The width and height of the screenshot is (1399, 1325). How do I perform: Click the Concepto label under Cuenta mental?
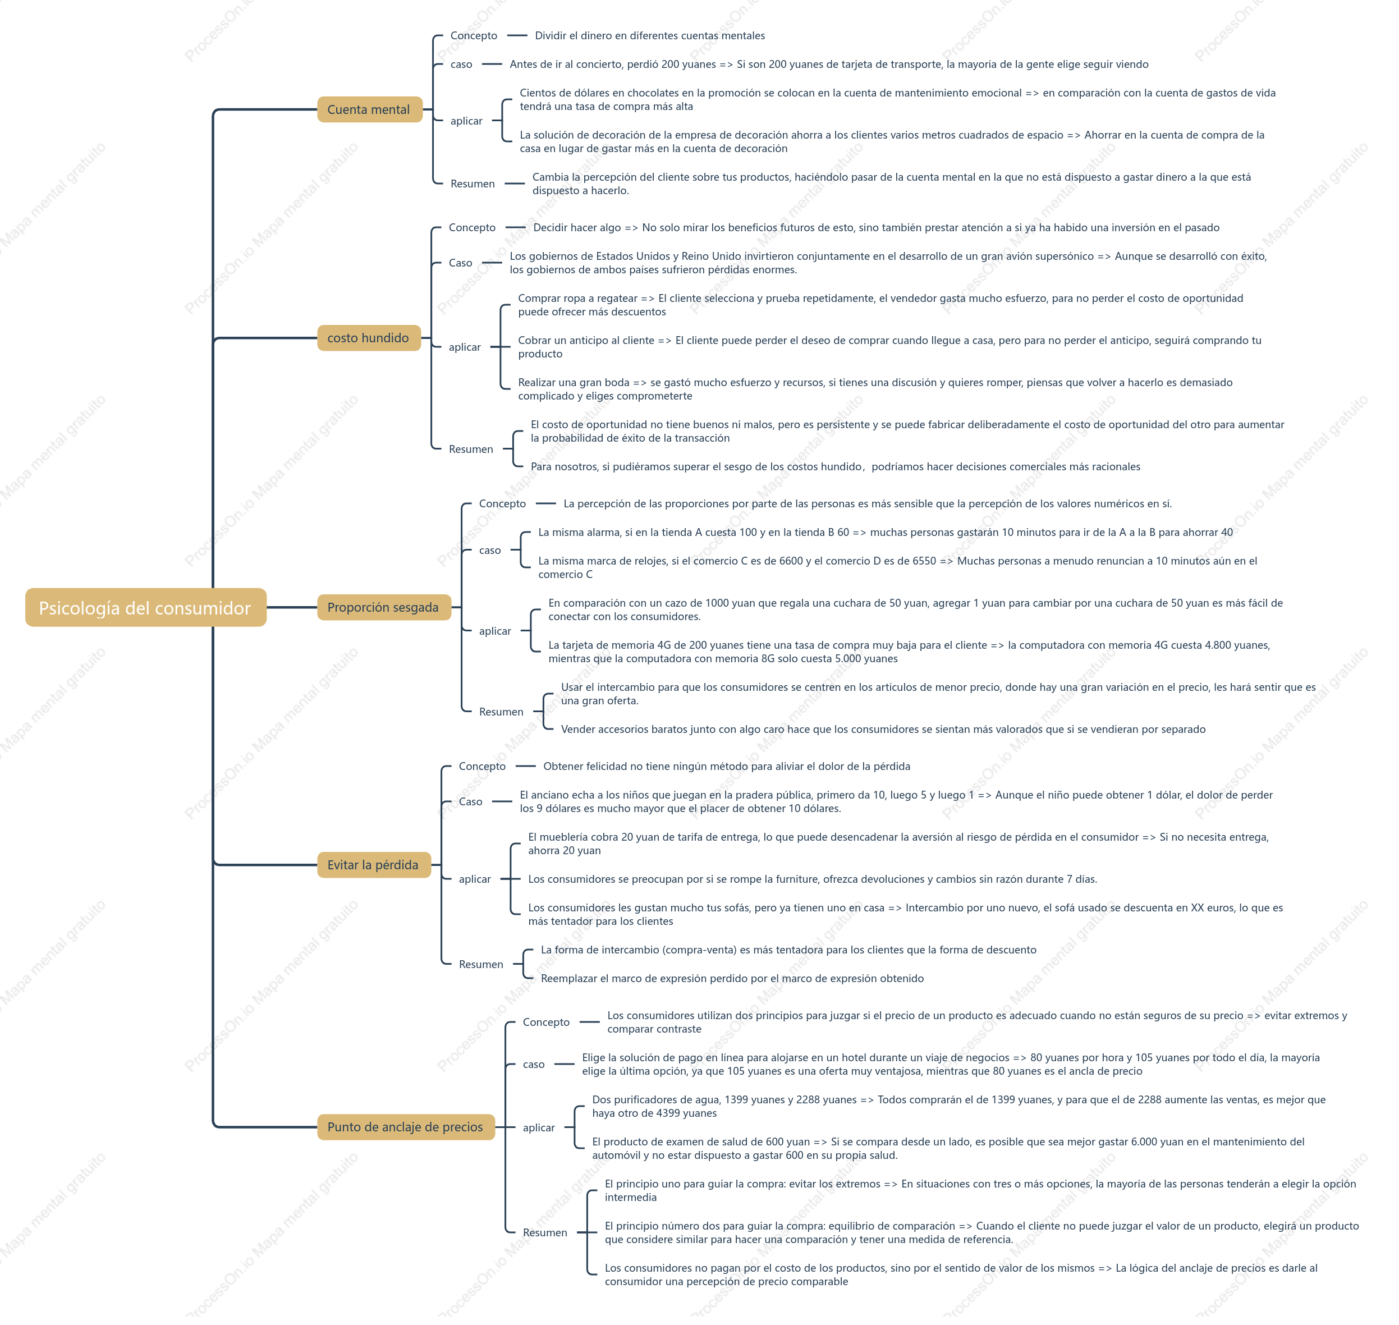478,36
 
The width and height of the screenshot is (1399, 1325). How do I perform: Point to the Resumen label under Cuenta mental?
476,185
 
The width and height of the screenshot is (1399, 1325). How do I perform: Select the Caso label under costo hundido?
464,265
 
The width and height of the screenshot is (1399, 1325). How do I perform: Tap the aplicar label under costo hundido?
467,350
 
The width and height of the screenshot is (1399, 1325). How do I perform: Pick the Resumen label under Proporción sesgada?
505,717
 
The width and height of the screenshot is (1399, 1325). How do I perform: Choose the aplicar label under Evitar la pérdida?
478,886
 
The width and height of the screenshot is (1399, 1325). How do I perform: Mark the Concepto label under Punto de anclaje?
550,1029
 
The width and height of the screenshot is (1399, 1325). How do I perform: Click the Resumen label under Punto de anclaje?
549,1241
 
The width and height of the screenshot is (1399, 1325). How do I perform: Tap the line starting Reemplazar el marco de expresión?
737,985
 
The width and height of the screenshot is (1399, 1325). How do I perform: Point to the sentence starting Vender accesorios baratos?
889,735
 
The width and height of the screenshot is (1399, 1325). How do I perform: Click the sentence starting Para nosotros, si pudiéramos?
841,470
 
